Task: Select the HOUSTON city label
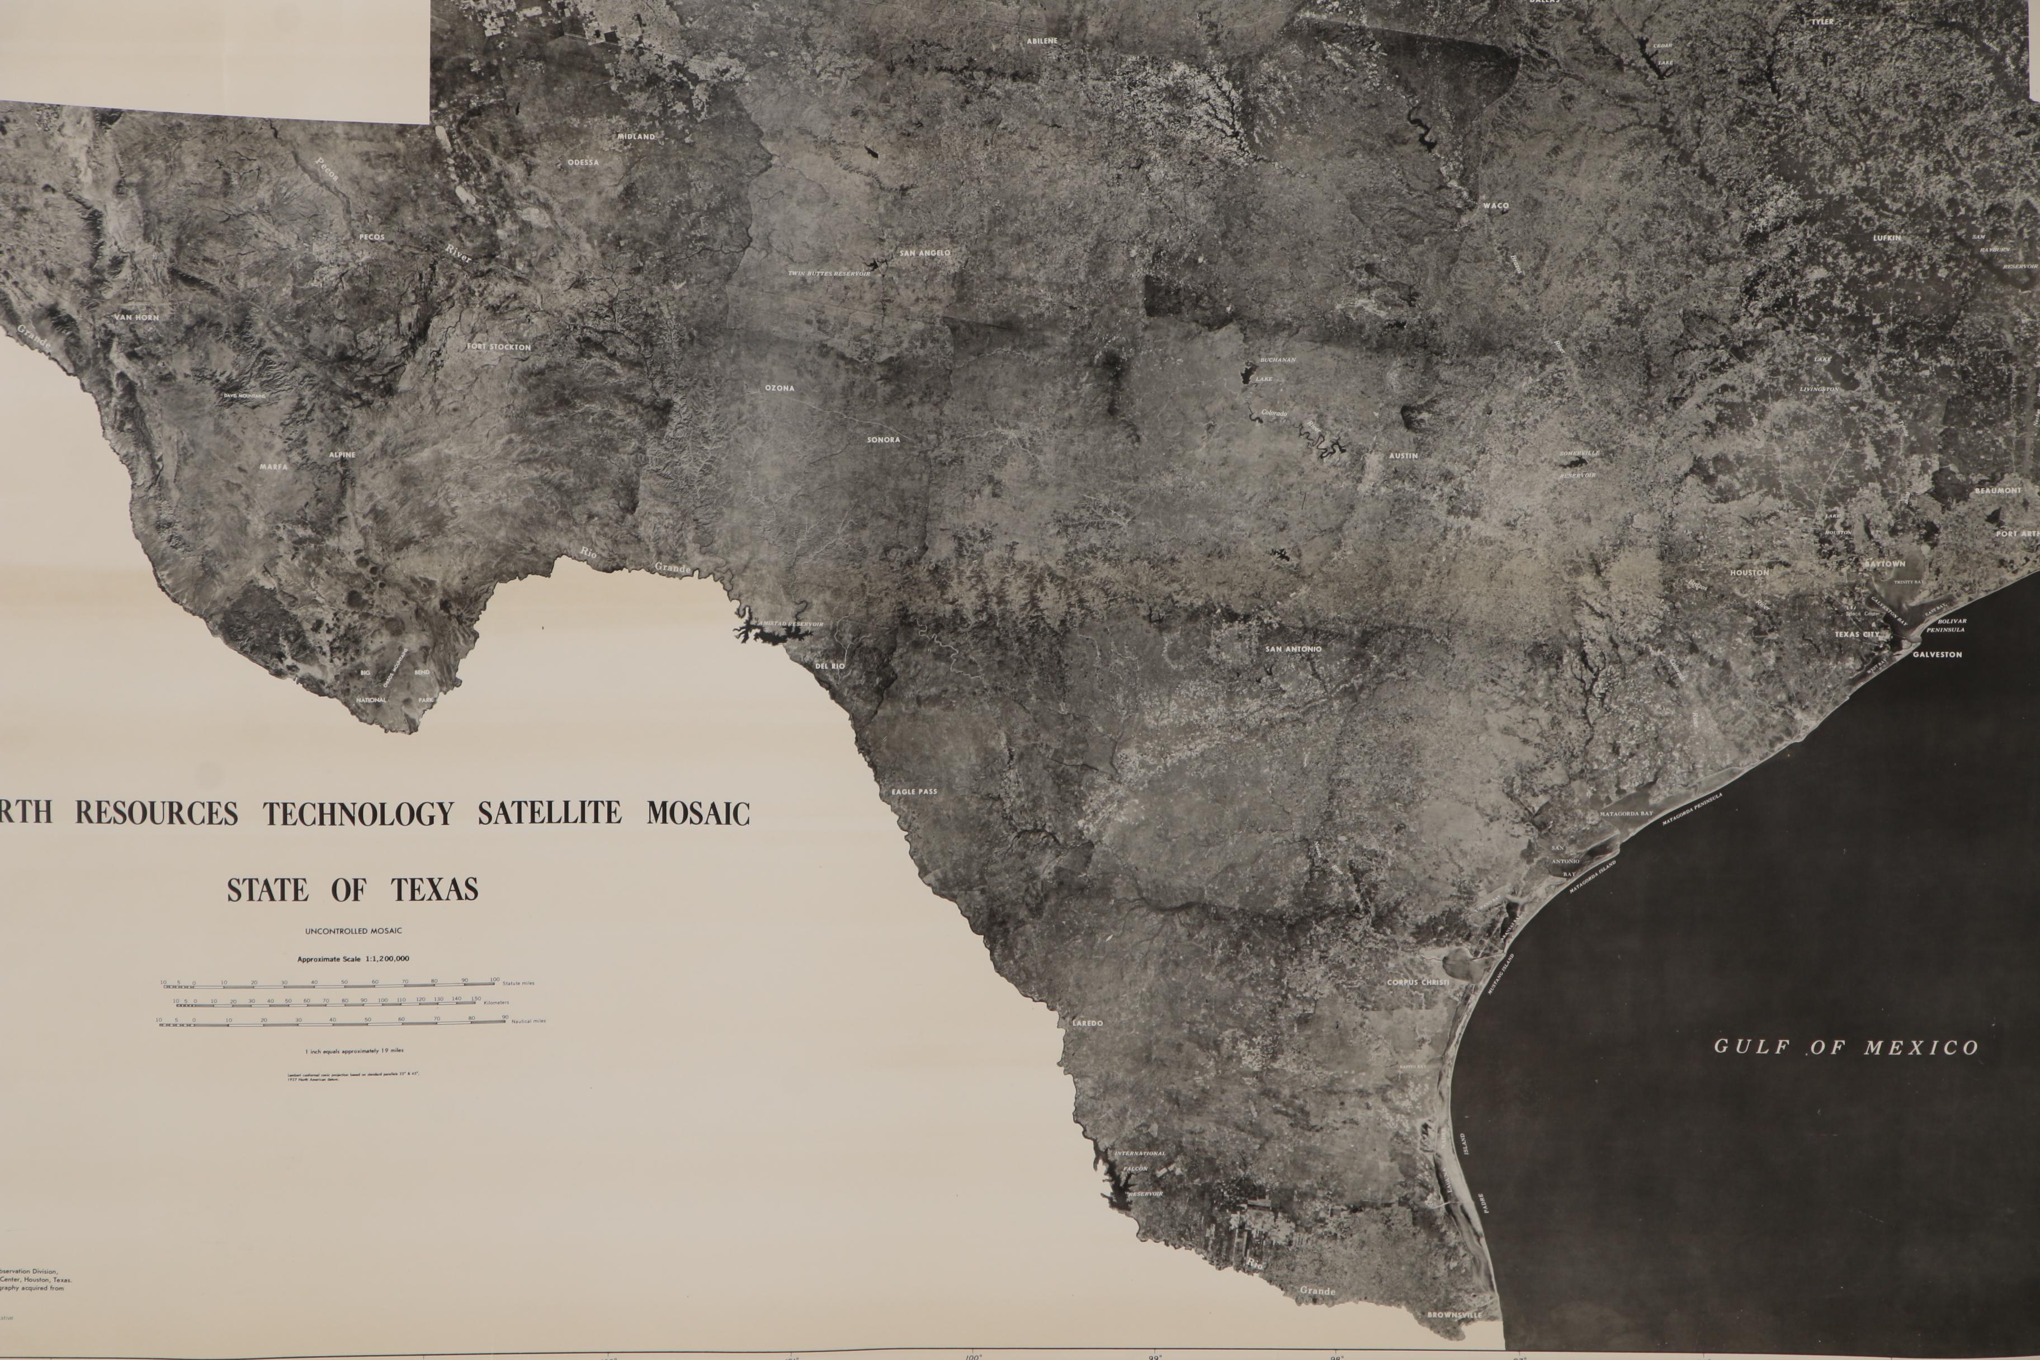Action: click(1749, 573)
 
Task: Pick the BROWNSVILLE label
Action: click(1455, 1315)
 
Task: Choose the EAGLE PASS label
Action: click(914, 792)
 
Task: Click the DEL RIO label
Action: click(829, 665)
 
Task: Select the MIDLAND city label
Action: click(636, 136)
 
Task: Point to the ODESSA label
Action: click(583, 162)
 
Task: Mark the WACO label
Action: click(1495, 206)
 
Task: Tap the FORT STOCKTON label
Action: click(499, 347)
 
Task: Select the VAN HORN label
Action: click(136, 318)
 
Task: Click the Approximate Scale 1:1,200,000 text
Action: click(353, 959)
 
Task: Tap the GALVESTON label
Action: click(1937, 655)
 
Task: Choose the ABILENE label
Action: click(1042, 41)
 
